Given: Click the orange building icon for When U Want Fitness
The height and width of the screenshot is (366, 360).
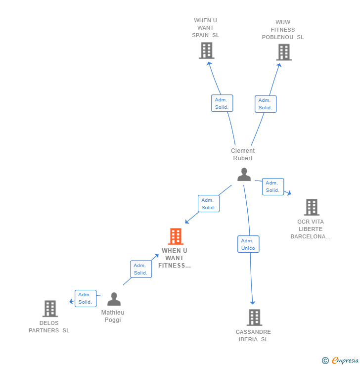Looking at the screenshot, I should [x=176, y=236].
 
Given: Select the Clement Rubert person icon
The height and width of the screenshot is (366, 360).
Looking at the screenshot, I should [x=244, y=175].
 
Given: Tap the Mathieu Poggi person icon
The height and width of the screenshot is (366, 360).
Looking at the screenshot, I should [x=114, y=299].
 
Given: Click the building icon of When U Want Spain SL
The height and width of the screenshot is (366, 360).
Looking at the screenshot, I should [x=206, y=50].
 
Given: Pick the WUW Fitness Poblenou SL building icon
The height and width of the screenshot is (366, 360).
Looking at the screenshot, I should [x=284, y=52].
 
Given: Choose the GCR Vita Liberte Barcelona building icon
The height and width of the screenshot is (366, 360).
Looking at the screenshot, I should [x=311, y=207].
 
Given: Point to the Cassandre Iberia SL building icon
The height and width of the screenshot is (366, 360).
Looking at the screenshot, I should [x=254, y=318].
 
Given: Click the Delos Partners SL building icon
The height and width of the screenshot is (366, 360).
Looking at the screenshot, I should [x=50, y=309].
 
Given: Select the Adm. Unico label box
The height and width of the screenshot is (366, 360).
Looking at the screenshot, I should [x=248, y=244].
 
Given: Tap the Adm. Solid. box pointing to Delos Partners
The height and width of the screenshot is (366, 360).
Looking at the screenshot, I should [x=86, y=298].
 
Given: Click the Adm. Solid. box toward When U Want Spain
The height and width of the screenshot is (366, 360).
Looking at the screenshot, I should [x=222, y=103].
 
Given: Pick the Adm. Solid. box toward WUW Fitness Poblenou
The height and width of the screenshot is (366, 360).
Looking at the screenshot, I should [x=266, y=104].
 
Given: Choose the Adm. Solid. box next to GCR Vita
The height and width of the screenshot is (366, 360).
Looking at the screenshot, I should [x=273, y=186].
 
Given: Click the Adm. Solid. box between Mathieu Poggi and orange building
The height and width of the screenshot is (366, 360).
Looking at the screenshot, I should [x=141, y=269].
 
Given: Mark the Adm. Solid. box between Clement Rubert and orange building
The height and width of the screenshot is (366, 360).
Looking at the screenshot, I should [x=209, y=204].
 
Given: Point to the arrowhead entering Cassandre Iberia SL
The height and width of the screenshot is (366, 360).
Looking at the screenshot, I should [x=253, y=302].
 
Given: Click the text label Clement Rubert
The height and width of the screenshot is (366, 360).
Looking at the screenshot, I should [x=243, y=154].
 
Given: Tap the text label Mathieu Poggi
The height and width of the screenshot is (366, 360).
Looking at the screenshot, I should [x=113, y=316].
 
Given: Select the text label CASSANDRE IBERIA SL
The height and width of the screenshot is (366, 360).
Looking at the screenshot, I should [x=253, y=335].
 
